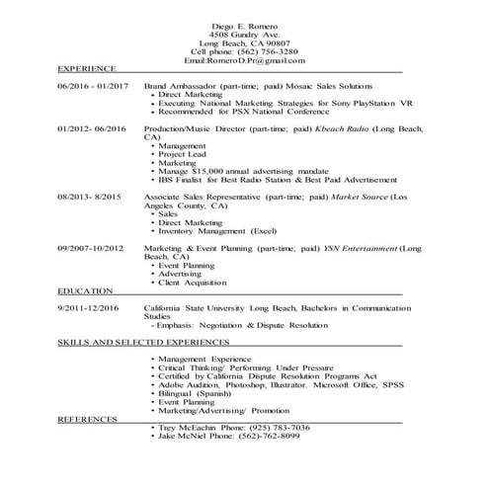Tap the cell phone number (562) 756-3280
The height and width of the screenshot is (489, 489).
pos(266,52)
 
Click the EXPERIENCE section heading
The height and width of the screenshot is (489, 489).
pos(87,71)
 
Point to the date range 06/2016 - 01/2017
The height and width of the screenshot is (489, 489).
pos(93,87)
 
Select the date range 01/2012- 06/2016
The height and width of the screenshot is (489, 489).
pos(93,129)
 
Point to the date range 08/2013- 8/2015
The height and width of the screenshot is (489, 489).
pos(89,197)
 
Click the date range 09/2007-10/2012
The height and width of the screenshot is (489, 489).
pos(90,248)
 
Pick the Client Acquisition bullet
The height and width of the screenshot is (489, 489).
pos(193,284)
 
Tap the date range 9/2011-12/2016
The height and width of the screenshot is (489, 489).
pos(88,308)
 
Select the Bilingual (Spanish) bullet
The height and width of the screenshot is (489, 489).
pos(195,393)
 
